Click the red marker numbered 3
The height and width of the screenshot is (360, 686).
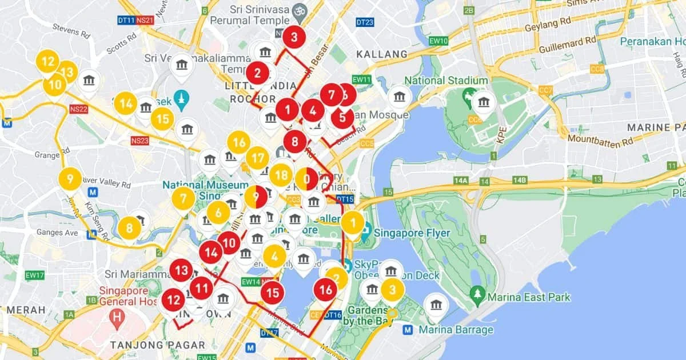[294, 38]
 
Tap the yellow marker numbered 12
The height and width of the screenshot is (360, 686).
[48, 61]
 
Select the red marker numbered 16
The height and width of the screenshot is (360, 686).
[325, 290]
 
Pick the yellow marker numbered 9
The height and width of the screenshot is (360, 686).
[70, 179]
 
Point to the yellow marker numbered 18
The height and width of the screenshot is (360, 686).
[280, 175]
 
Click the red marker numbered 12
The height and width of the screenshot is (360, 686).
[173, 299]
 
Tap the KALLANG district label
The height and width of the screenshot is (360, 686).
[382, 54]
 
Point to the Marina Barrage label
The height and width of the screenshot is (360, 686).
[456, 330]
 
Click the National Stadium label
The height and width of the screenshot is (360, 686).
[446, 81]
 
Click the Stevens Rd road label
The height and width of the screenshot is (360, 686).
[71, 30]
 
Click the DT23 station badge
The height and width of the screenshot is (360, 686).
[365, 22]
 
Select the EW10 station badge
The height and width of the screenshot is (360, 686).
[438, 41]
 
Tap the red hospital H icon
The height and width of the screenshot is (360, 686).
[118, 317]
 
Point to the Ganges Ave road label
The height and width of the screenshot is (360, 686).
[57, 233]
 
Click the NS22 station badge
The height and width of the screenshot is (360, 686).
[78, 109]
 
